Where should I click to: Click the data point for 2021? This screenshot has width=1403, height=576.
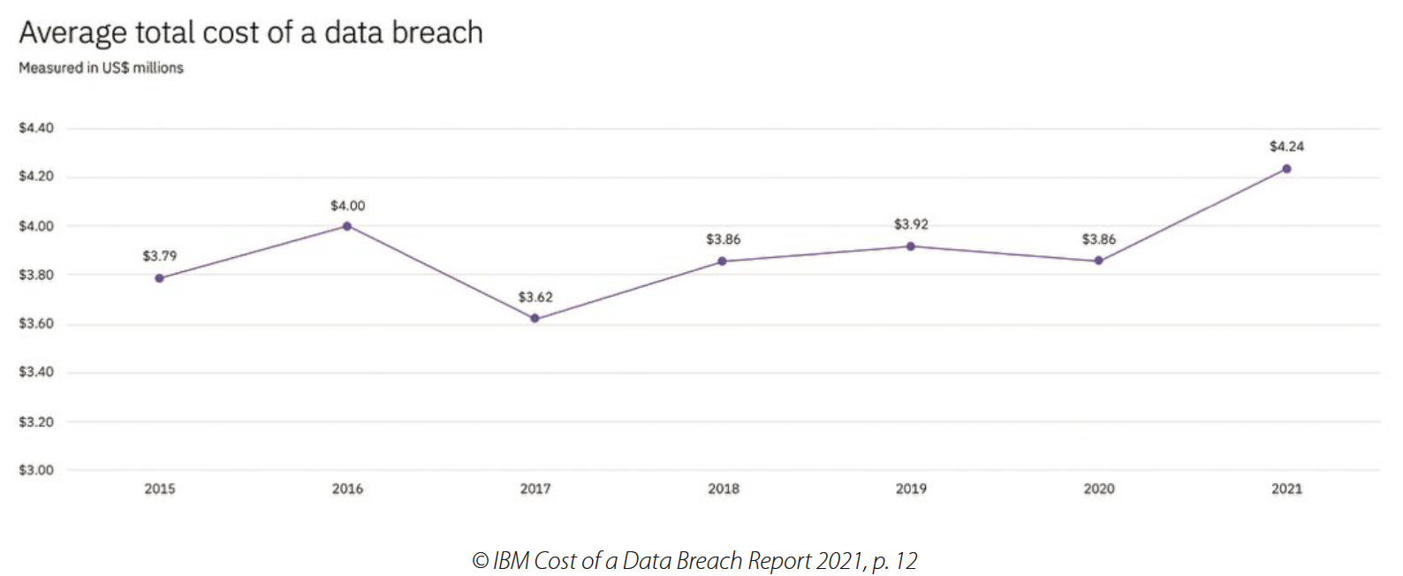(x=1286, y=169)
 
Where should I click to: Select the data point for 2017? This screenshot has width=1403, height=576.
(x=535, y=318)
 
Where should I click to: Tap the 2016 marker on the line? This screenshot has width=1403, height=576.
(x=347, y=226)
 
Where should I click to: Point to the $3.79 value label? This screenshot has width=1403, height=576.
(x=160, y=256)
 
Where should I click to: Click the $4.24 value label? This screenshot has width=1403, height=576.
(x=1286, y=147)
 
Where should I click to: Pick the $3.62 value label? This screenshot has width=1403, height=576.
(x=535, y=297)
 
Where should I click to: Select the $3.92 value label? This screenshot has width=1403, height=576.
(x=911, y=224)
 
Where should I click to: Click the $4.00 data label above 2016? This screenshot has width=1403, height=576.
(x=347, y=206)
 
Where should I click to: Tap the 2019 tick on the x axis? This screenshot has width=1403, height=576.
(x=911, y=489)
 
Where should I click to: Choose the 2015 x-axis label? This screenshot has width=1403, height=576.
(x=160, y=489)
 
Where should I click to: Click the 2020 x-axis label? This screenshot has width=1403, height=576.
(x=1099, y=489)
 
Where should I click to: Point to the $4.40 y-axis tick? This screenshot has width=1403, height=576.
(x=36, y=128)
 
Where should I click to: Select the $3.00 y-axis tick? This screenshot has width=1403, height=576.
(x=36, y=470)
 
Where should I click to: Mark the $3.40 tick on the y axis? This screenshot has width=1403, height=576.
(x=36, y=372)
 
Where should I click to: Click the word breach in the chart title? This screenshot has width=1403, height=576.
(x=437, y=33)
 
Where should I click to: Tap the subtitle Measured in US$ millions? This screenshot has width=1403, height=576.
(x=101, y=68)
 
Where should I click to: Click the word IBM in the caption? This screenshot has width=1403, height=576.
(x=511, y=561)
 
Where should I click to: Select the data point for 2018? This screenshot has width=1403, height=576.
(x=723, y=261)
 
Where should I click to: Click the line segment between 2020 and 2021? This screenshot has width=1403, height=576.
(x=1193, y=215)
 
